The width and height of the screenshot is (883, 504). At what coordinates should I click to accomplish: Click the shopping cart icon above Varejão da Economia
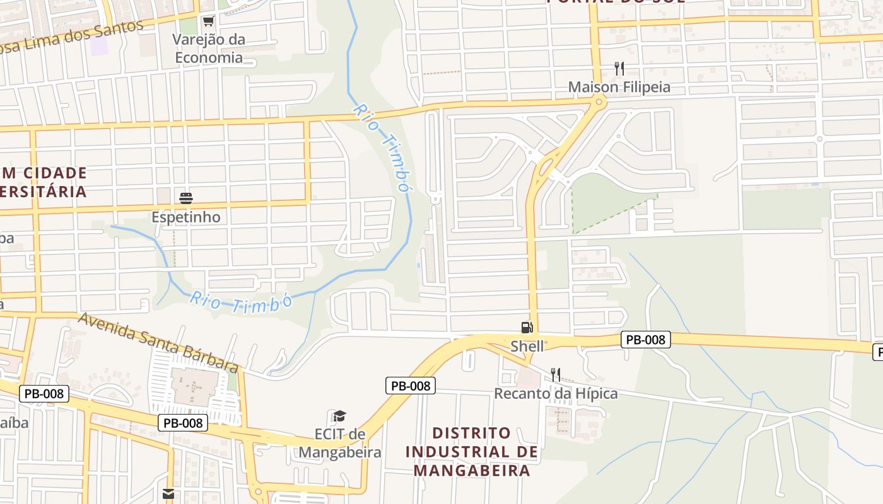click(208, 21)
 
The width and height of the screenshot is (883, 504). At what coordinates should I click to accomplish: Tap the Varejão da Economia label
click(209, 49)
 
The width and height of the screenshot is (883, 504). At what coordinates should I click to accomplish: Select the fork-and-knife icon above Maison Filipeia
click(619, 69)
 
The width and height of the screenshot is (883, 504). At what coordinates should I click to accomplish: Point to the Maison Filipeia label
click(619, 87)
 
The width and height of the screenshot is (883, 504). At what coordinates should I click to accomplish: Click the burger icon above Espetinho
click(186, 198)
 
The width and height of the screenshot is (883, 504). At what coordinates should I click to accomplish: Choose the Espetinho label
click(186, 217)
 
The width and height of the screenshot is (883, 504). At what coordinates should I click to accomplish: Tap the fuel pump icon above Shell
click(527, 328)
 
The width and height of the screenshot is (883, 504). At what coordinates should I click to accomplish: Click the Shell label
click(527, 346)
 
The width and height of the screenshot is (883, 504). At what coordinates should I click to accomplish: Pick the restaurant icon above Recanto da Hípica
click(555, 375)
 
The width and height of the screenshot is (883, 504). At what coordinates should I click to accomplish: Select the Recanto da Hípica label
click(556, 394)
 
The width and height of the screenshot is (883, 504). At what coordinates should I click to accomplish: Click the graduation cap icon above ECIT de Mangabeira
click(339, 416)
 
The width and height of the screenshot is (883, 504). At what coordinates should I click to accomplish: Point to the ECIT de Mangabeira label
click(340, 444)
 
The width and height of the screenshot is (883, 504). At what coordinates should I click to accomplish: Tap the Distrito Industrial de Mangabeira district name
click(472, 452)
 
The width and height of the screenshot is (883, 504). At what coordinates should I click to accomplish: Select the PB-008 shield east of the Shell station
click(646, 340)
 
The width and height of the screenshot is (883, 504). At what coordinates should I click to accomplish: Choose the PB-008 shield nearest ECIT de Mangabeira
click(411, 386)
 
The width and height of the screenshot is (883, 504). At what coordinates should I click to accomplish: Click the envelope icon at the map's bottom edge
click(168, 494)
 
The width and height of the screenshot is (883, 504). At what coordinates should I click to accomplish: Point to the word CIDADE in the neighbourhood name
click(55, 173)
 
